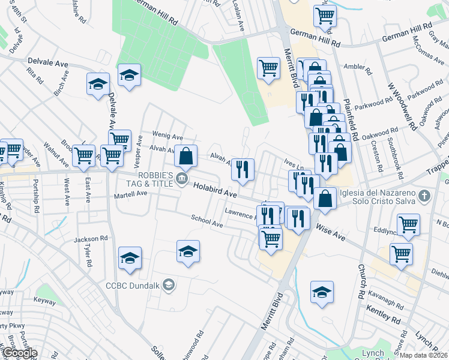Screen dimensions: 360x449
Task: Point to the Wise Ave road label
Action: coord(331,233)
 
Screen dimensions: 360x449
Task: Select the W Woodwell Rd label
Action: coord(402,107)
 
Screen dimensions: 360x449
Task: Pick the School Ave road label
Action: coord(206,222)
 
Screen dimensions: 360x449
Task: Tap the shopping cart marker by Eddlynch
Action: coord(408,224)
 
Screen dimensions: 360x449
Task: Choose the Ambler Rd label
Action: coord(354,67)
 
